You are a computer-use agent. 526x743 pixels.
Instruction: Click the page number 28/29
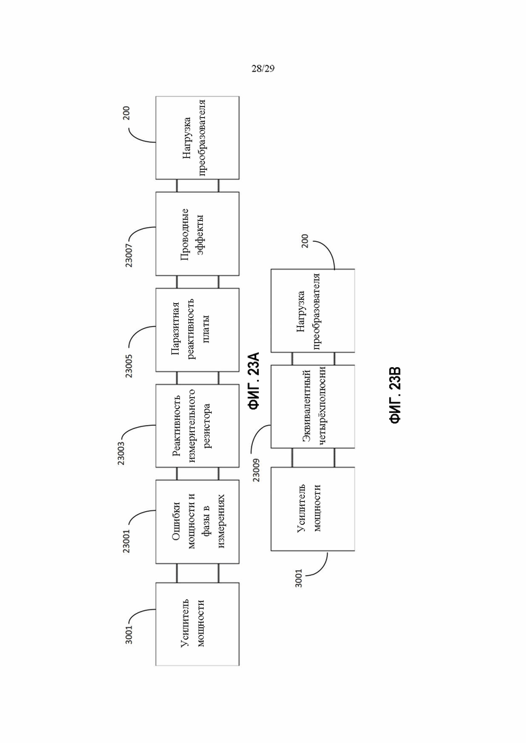[x=263, y=69]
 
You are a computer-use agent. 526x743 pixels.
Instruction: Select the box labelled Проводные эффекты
[x=198, y=234]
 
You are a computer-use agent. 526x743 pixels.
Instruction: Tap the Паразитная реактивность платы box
[x=198, y=330]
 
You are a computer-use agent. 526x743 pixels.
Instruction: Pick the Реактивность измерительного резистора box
[x=198, y=426]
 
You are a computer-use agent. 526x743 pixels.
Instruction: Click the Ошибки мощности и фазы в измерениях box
[x=198, y=521]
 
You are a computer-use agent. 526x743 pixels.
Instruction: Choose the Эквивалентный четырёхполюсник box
[x=313, y=407]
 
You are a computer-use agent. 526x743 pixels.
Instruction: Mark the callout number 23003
[x=121, y=453]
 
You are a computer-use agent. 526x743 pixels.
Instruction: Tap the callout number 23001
[x=127, y=540]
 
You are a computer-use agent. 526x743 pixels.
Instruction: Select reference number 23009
[x=257, y=469]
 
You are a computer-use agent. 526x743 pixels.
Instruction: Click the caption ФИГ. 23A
[x=254, y=380]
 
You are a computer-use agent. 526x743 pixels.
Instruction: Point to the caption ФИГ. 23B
[x=395, y=395]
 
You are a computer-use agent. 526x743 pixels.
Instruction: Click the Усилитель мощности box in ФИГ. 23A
[x=198, y=624]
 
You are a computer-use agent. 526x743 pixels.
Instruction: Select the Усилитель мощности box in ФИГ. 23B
[x=313, y=509]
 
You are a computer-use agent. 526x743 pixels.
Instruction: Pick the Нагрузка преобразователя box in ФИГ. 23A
[x=198, y=138]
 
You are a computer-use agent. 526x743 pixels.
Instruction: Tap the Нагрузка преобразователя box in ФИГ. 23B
[x=313, y=311]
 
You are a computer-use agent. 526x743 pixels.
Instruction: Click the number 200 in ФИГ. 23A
[x=127, y=112]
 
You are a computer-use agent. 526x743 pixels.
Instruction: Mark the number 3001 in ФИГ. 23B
[x=299, y=578]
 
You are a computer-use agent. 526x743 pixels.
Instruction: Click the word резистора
[x=207, y=426]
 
